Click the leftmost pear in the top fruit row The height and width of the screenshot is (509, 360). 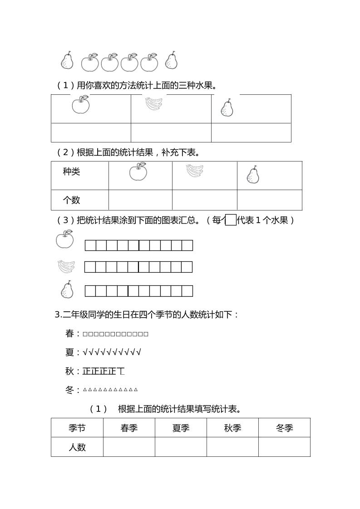(x=67, y=61)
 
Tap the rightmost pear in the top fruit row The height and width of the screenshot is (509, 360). (x=171, y=60)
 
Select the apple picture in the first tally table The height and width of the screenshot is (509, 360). (x=81, y=105)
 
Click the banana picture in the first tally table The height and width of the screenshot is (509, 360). (x=153, y=104)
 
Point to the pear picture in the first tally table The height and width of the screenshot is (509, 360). (x=227, y=108)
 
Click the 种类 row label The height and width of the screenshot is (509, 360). (x=71, y=171)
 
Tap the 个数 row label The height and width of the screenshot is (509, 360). (x=71, y=200)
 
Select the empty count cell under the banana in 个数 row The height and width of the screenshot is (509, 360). (x=204, y=200)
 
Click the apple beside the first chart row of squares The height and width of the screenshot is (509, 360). (x=65, y=239)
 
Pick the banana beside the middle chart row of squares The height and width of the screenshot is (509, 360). (x=66, y=266)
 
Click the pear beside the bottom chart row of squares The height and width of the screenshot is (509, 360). (x=67, y=290)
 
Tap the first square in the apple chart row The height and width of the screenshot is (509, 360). (x=90, y=245)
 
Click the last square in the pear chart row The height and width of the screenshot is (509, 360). (x=187, y=291)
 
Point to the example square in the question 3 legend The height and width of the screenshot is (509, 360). (x=231, y=220)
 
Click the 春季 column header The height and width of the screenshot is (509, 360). (x=129, y=428)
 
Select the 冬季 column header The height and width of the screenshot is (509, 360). (x=284, y=428)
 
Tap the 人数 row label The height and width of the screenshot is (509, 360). (x=77, y=447)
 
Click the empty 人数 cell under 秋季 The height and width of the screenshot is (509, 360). (x=232, y=447)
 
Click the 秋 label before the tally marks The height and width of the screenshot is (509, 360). (x=69, y=371)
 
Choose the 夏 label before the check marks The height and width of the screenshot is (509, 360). (x=69, y=352)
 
